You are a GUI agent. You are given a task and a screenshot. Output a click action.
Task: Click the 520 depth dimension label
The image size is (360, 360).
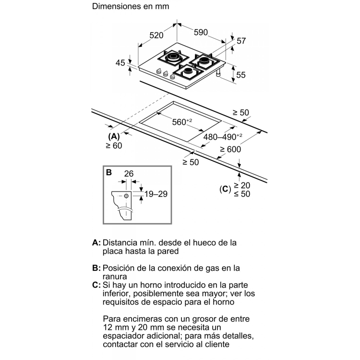[x=156, y=35]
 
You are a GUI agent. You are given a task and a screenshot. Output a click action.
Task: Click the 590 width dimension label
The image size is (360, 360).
[x=201, y=32]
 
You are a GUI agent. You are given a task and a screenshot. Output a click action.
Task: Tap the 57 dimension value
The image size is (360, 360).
[x=241, y=41]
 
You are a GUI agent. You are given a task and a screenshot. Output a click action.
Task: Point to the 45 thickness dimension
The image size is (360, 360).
[x=120, y=63]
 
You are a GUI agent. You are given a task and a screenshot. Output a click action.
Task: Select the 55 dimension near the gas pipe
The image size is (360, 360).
[x=241, y=75]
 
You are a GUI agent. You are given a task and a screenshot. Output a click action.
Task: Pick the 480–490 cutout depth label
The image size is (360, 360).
[x=222, y=137]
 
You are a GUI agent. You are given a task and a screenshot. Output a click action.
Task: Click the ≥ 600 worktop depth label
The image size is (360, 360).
[x=230, y=149]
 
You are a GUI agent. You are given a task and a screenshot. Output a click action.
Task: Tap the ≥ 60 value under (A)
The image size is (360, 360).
[x=114, y=145]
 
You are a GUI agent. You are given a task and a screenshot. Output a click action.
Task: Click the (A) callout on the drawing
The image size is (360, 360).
[x=114, y=136]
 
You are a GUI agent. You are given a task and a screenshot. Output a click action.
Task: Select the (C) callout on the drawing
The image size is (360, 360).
[x=225, y=189]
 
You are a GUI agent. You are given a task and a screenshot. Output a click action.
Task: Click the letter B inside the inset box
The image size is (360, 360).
[x=109, y=172]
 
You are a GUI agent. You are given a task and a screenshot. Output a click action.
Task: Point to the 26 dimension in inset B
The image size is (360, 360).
[x=129, y=174]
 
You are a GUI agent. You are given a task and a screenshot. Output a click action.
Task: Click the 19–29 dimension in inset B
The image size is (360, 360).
[x=156, y=194]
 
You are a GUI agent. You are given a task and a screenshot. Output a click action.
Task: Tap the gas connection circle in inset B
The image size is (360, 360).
[x=126, y=196]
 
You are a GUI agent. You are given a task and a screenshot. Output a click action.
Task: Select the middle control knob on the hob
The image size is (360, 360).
[x=165, y=74]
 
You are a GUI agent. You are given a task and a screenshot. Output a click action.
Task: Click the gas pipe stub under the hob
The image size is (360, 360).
[x=218, y=73]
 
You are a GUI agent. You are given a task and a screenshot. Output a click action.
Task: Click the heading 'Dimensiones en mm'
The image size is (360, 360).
[x=131, y=6]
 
